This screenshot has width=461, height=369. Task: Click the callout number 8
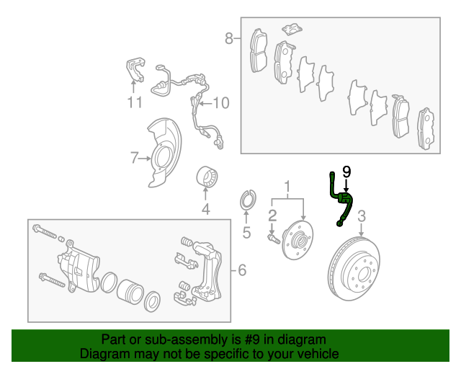coord(229,38)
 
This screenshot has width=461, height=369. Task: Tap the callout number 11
coord(135,102)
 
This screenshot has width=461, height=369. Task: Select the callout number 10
coord(221,103)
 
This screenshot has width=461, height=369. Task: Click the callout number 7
coord(134,158)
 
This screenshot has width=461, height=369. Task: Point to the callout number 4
coord(205,209)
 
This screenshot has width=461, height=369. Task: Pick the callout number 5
coord(246,233)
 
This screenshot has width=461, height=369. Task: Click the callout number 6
coord(242,270)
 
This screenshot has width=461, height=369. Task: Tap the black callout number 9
coord(346,172)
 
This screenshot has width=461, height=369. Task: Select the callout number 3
coord(362,216)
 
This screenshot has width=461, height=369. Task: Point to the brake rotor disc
coord(354,268)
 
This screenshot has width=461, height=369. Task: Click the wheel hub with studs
coord(297,241)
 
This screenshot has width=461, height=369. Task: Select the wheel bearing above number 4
coord(207,177)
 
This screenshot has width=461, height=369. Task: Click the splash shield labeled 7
coord(164,153)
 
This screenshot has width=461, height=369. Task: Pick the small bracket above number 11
coord(135,69)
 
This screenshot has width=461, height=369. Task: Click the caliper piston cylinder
coord(130,291)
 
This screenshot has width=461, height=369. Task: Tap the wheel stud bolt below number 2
coord(274,239)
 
